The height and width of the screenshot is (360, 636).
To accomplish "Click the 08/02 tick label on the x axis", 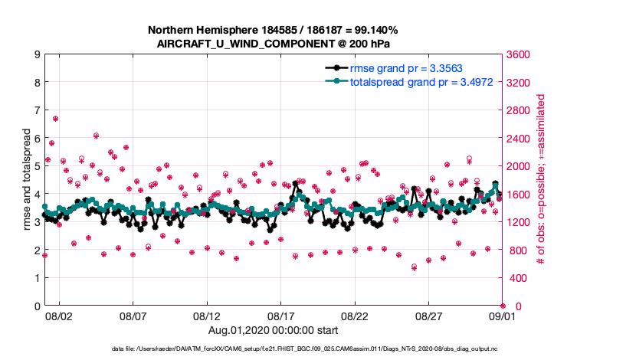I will point(59,316).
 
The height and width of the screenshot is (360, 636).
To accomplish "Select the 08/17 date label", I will point(281,316).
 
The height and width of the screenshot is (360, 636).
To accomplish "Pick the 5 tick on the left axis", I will point(37,166).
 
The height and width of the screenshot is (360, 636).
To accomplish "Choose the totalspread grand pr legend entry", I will point(406,81).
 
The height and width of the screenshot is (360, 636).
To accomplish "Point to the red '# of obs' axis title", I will point(541,180).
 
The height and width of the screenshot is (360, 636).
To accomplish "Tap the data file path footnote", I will point(316,348).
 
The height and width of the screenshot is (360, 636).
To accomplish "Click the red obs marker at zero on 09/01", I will point(503,306).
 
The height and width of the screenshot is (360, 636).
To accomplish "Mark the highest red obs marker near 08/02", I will point(55,119).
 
